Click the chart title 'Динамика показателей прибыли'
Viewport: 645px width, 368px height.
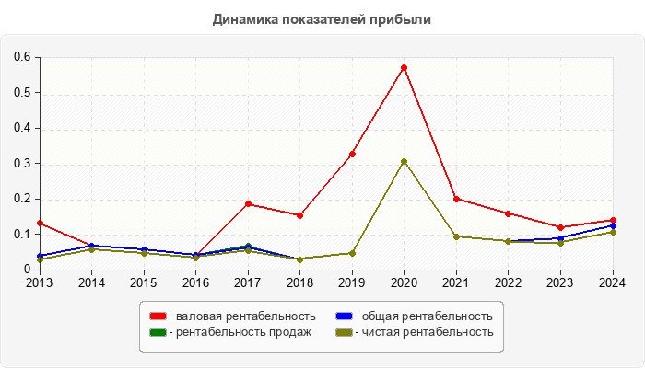coord(322,18)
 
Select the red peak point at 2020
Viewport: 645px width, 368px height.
coord(404,67)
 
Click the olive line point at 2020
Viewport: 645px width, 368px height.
coord(404,161)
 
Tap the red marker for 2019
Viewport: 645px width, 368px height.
coord(352,154)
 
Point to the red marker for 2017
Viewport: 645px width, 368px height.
coord(248,203)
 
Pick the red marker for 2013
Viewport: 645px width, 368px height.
coord(40,223)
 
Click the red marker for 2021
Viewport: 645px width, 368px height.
coord(456,199)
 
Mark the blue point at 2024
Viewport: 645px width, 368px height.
coord(613,225)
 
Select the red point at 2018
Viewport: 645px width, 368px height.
coord(299,215)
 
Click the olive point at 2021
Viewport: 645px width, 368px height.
coord(456,236)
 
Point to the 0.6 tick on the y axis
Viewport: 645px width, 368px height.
coord(22,57)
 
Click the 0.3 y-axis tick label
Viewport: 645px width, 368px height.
coord(22,164)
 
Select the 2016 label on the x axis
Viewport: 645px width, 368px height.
coord(195,282)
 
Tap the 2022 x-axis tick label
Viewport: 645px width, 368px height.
coord(509,282)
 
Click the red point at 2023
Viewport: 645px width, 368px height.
coord(560,227)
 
